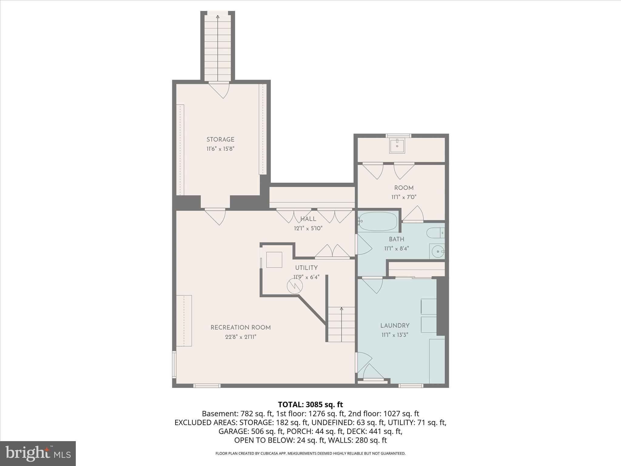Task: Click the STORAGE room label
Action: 220,140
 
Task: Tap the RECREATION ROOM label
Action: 240,327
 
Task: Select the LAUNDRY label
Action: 395,326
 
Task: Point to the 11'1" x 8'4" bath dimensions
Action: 397,248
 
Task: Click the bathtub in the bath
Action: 378,222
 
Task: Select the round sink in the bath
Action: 438,251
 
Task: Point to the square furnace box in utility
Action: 274,260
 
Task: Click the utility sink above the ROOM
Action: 397,146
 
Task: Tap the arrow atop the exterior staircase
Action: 218,17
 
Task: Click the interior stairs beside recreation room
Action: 341,324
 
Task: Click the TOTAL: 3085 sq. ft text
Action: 310,404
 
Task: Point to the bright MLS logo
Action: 38,453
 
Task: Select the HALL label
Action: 308,219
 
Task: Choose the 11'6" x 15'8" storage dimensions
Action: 220,149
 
